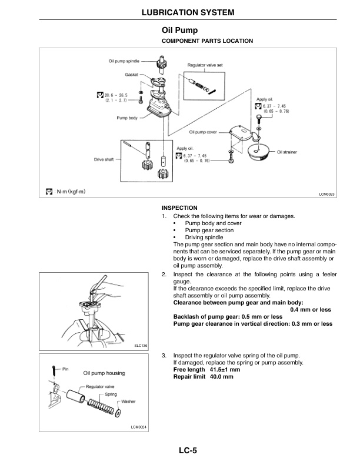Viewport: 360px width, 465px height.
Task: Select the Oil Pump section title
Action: (x=179, y=30)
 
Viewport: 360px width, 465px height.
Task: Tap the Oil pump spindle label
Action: (x=124, y=61)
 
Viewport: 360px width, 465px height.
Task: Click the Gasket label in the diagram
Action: (x=131, y=75)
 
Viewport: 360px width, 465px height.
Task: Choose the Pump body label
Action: (x=127, y=118)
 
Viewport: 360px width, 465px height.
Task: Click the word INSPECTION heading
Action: (x=179, y=208)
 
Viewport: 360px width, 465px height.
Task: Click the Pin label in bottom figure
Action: (x=65, y=369)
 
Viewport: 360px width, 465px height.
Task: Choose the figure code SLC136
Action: (x=140, y=345)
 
